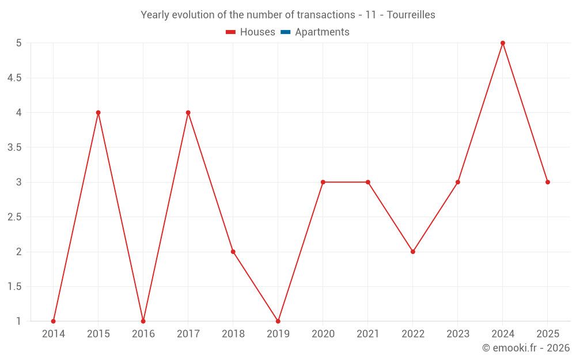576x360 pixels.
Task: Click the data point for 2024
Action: [x=503, y=43]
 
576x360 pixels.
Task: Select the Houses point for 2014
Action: [x=54, y=321]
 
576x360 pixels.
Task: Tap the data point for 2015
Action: [x=98, y=112]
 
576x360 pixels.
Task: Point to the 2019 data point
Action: [x=278, y=321]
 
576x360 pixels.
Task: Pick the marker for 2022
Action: [x=413, y=252]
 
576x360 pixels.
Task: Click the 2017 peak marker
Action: [x=188, y=112]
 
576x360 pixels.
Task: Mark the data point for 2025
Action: [x=548, y=182]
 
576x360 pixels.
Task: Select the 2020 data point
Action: [x=323, y=182]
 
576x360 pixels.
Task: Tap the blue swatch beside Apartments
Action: [x=285, y=32]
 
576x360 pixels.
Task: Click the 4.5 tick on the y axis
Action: [x=14, y=78]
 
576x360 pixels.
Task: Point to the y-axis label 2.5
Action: [x=14, y=217]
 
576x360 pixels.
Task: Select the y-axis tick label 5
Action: [x=18, y=43]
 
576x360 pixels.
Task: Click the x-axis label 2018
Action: [x=233, y=334]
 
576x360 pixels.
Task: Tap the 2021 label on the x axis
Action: [x=368, y=334]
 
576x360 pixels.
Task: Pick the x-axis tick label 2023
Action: [x=458, y=334]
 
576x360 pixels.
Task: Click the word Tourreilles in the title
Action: [x=411, y=15]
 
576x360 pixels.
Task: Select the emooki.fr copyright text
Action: [x=525, y=348]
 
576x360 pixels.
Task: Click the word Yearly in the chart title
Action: [x=156, y=15]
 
